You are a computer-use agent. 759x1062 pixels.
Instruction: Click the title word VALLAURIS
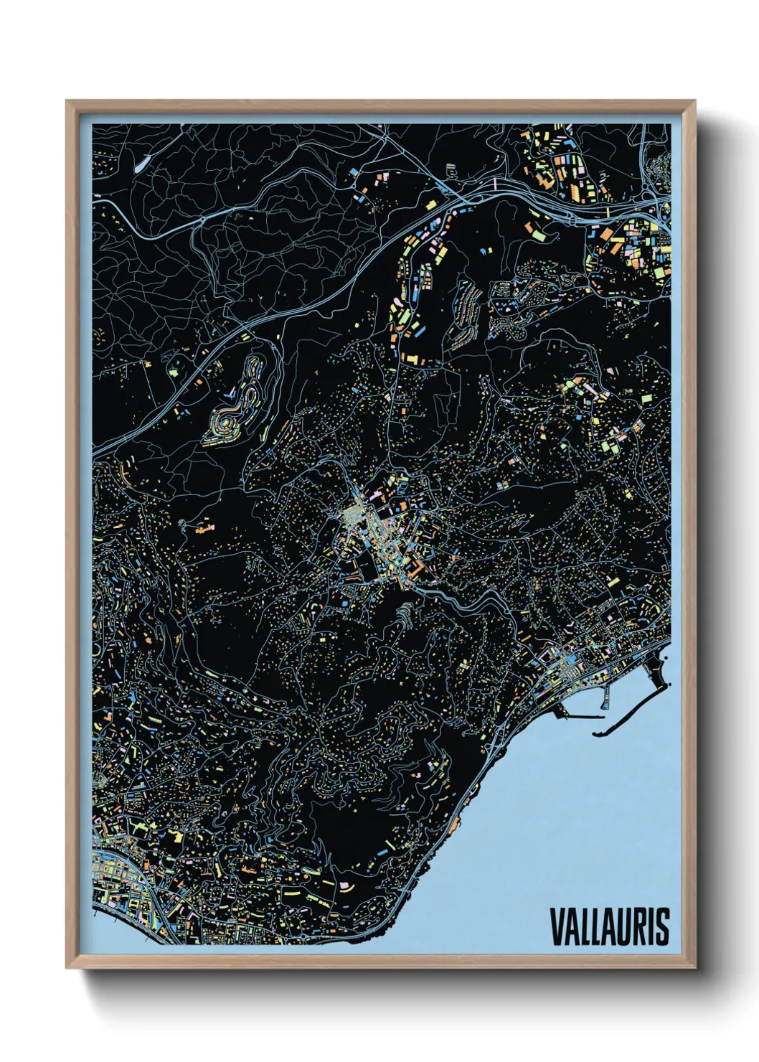click(x=610, y=926)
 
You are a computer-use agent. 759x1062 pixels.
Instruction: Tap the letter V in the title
click(x=557, y=926)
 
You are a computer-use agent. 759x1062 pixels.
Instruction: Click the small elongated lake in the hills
click(x=141, y=164)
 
